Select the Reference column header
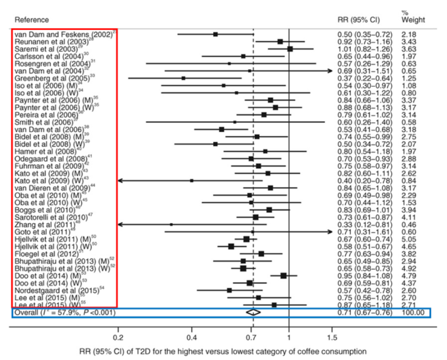pos(32,20)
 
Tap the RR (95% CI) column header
pos(359,20)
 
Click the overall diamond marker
pos(253,312)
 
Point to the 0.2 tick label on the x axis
pos(118,337)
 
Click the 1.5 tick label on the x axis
pos(332,337)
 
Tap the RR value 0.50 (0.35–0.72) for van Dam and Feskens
pos(364,34)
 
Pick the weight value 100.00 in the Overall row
pos(413,312)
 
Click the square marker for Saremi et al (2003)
pos(290,49)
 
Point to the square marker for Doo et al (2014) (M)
pos(284,276)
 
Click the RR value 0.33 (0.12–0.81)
pos(364,224)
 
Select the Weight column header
pos(413,20)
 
